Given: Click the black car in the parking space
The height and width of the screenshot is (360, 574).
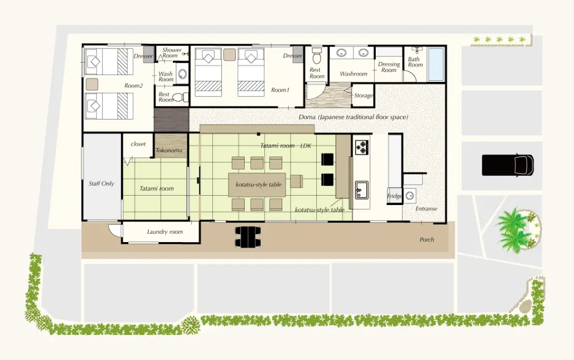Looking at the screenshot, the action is point(507,165).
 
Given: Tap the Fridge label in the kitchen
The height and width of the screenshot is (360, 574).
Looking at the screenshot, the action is point(394,196).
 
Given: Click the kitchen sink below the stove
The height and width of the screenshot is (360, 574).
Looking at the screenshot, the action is point(362,189).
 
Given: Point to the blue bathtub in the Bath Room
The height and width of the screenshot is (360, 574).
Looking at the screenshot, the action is point(436,64).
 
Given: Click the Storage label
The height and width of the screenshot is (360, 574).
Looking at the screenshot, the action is point(364,95).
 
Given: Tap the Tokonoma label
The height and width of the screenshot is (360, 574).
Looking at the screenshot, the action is point(169,150).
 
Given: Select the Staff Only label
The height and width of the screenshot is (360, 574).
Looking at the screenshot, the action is point(101,184).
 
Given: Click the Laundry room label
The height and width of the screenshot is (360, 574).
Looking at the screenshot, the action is point(165,232).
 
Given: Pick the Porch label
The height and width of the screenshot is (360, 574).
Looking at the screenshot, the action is point(427,239).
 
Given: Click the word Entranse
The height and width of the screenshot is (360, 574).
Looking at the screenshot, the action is point(426,209).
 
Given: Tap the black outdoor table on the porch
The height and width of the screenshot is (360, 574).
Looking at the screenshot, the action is point(248,237).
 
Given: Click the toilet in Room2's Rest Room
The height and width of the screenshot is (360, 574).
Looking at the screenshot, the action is point(180,98).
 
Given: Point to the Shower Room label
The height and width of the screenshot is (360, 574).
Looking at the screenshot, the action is point(171,53).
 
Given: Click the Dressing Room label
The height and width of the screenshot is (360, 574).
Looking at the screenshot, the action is point(389,67).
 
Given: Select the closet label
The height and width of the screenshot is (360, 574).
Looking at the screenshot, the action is point(138,144).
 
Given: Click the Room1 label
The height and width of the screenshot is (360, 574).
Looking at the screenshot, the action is point(280,90).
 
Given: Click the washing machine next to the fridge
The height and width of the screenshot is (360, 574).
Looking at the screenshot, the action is point(410,196).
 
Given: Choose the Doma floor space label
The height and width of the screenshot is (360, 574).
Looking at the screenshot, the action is point(353,117).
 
